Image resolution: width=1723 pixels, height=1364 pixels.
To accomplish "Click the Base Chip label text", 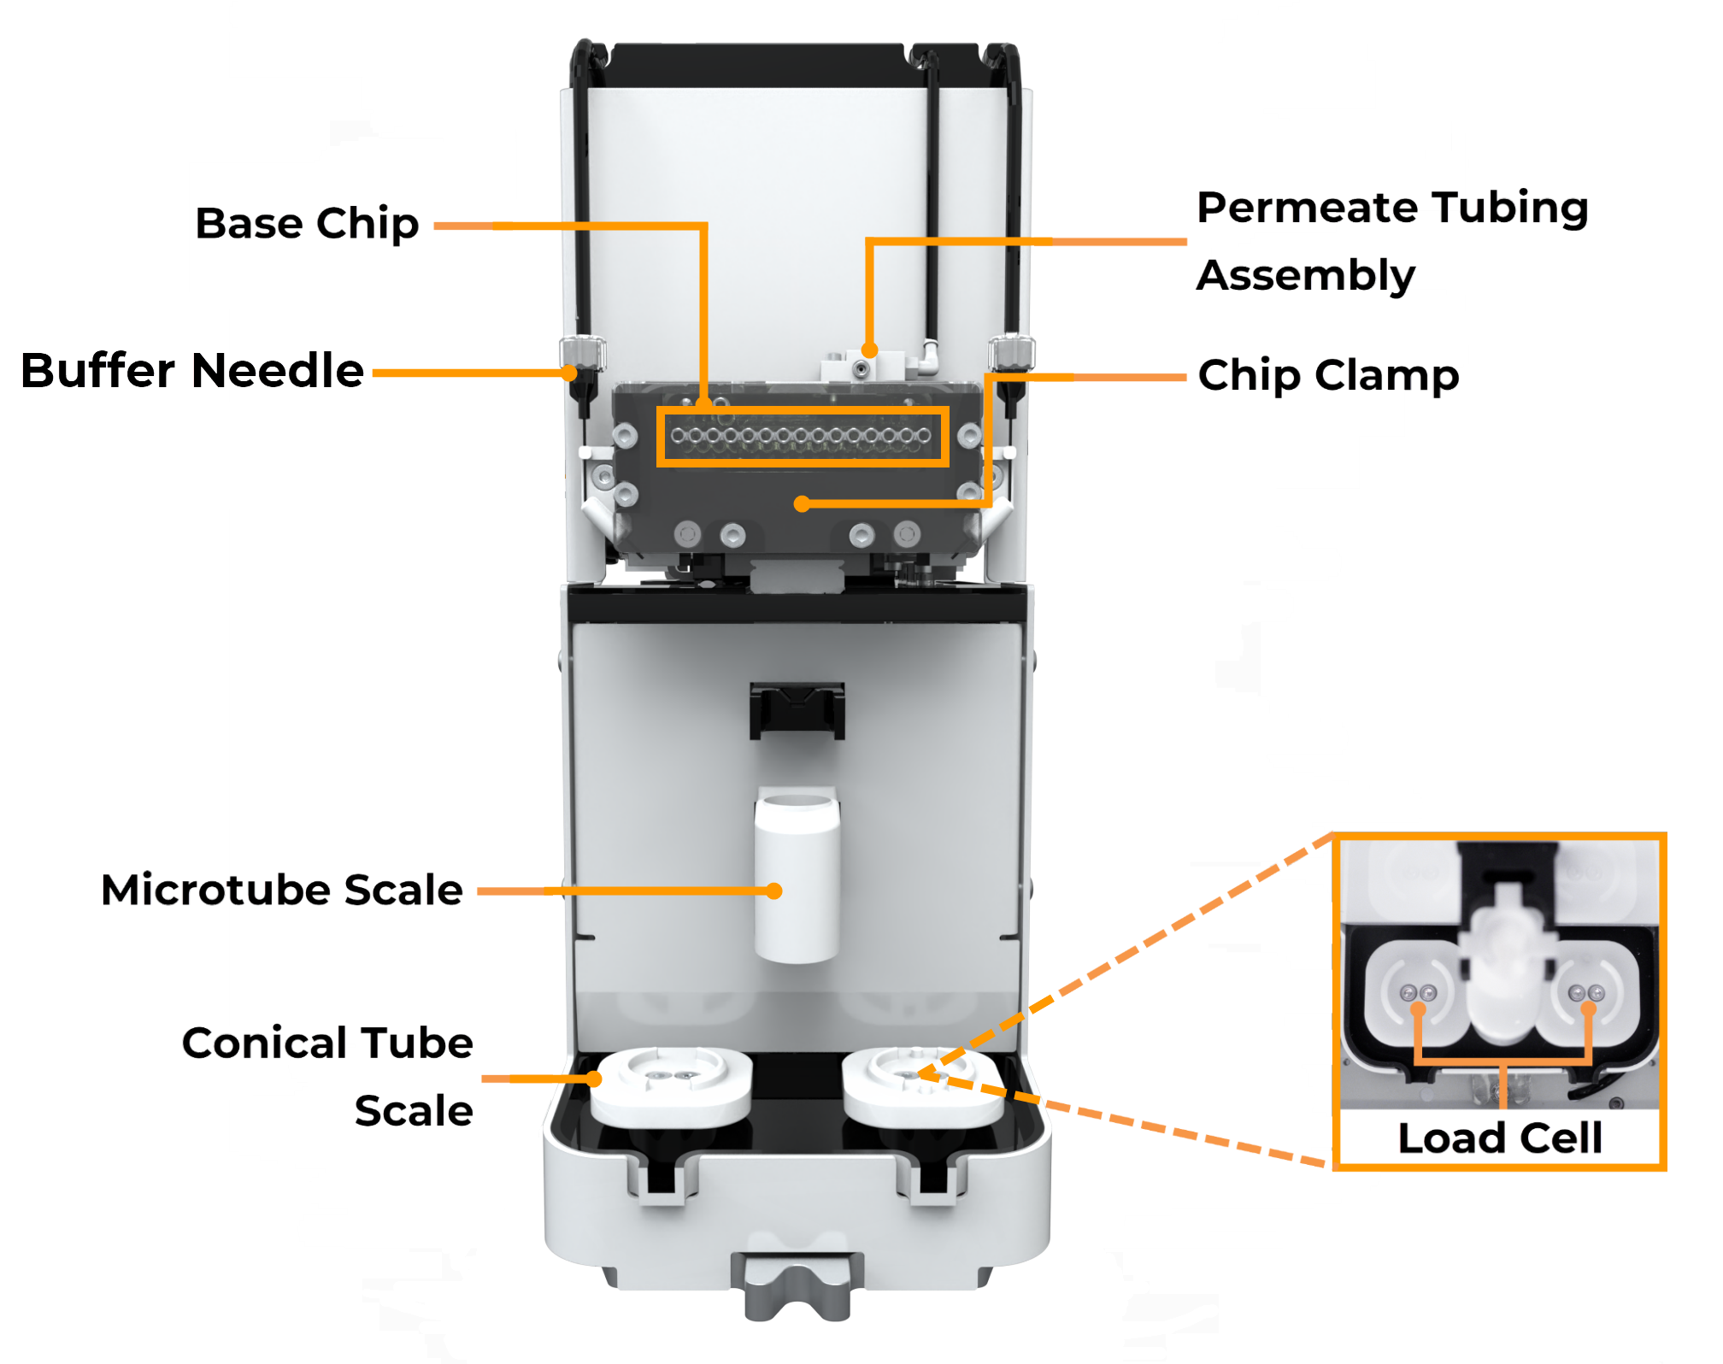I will pyautogui.click(x=307, y=224).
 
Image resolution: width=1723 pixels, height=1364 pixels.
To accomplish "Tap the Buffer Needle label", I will pyautogui.click(x=192, y=371).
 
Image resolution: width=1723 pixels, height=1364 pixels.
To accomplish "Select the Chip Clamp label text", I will pyautogui.click(x=1327, y=375).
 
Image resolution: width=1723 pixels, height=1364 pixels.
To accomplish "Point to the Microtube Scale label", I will pyautogui.click(x=281, y=890).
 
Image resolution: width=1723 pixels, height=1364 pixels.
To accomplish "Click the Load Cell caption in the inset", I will pyautogui.click(x=1499, y=1138).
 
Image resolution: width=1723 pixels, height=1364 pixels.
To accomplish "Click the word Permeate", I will pyautogui.click(x=1308, y=208).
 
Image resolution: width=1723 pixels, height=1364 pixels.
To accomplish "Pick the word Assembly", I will pyautogui.click(x=1305, y=275).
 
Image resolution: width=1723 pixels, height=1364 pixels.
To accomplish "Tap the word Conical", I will pyautogui.click(x=265, y=1044).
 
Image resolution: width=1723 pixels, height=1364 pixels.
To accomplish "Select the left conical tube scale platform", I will pyautogui.click(x=671, y=1085).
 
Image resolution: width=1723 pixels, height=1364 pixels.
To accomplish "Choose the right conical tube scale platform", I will pyautogui.click(x=922, y=1085).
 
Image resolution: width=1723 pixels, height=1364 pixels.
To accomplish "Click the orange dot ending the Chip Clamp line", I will pyautogui.click(x=802, y=504).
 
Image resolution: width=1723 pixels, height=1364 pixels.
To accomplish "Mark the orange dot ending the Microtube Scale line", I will pyautogui.click(x=774, y=891).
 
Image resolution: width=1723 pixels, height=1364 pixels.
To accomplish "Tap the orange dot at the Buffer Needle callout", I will pyautogui.click(x=570, y=373).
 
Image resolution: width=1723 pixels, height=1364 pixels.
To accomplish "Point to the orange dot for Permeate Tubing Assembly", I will pyautogui.click(x=869, y=350).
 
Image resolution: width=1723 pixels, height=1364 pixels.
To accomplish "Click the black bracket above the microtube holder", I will pyautogui.click(x=797, y=709).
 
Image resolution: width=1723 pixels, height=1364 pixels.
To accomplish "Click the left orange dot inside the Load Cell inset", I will pyautogui.click(x=1418, y=1009).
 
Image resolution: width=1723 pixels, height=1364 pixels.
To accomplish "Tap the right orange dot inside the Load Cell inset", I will pyautogui.click(x=1588, y=1009).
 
